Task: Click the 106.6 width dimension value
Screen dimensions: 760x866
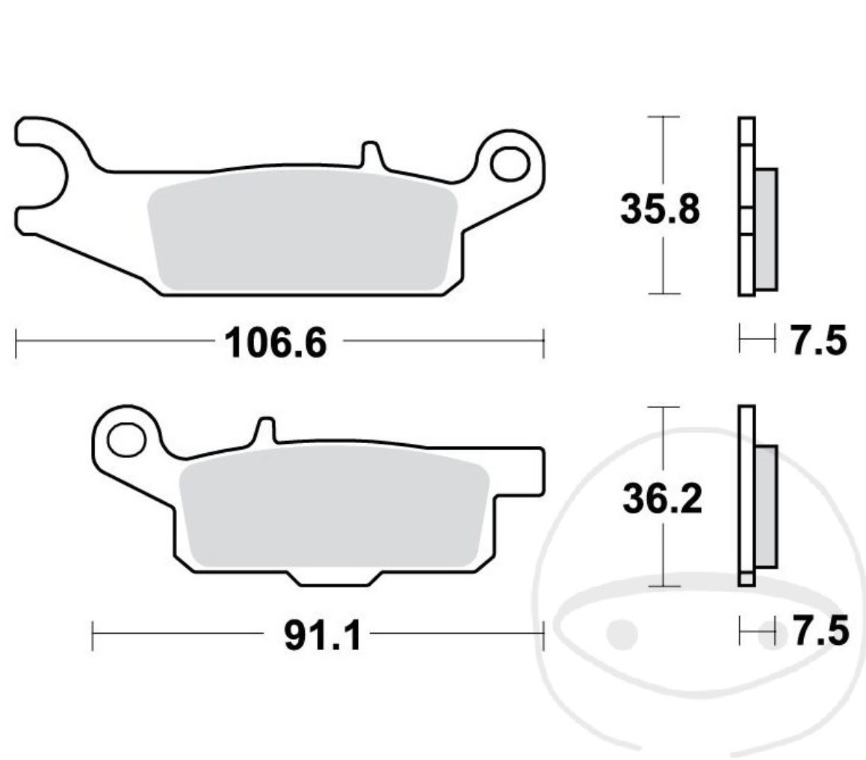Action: click(276, 344)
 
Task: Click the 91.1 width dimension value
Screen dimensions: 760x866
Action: click(322, 637)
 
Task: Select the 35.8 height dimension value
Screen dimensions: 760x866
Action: click(660, 209)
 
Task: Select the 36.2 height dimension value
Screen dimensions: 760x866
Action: click(662, 500)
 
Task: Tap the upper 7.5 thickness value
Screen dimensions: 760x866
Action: click(819, 342)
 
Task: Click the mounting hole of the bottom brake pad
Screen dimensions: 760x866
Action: click(126, 439)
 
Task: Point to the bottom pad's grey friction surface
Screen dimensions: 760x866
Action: click(333, 512)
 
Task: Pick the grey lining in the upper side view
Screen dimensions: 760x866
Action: click(766, 228)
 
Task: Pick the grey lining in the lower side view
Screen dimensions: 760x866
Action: click(767, 506)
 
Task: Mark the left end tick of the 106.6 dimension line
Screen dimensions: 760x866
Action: click(16, 344)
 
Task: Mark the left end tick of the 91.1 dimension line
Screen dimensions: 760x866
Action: click(93, 636)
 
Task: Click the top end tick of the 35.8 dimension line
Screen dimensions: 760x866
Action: click(663, 117)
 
